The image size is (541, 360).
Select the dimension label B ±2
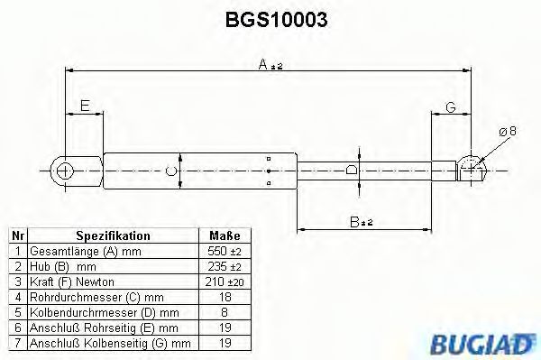(x=362, y=221)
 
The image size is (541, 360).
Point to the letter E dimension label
(x=84, y=106)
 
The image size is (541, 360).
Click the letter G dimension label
(x=451, y=107)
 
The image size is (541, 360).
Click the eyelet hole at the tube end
(x=64, y=169)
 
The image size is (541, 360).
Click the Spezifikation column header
(x=113, y=235)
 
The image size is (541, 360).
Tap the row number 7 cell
(x=16, y=342)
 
